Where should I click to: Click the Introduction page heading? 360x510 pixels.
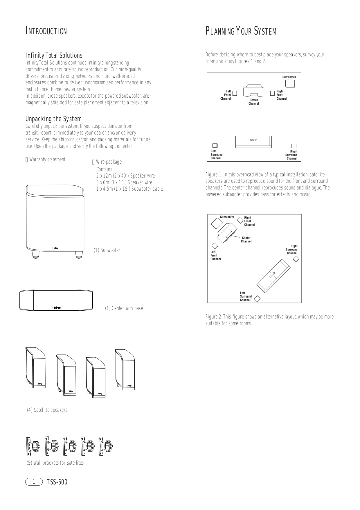(46, 31)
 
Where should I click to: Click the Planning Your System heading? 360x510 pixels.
(241, 31)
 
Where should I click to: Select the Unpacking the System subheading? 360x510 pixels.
(53, 119)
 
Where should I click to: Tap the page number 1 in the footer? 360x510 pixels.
(34, 482)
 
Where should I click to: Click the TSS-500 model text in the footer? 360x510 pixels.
(57, 482)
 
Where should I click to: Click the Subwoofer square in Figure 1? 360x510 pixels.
(290, 83)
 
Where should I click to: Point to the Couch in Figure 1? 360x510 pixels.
(253, 141)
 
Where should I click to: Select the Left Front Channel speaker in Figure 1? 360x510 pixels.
(235, 94)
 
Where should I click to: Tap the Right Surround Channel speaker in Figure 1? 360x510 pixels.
(294, 146)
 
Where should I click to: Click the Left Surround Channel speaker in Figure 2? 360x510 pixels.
(257, 298)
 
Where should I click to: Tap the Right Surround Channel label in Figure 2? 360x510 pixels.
(292, 250)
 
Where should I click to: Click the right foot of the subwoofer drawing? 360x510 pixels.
(79, 255)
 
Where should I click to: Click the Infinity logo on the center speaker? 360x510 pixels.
(56, 308)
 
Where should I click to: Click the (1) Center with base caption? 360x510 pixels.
(124, 308)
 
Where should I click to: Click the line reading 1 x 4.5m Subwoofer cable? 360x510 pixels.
(129, 189)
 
